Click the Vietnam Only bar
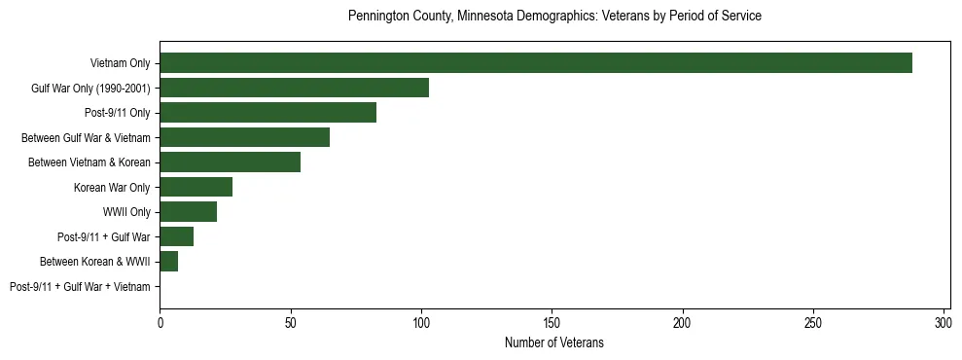pos(536,63)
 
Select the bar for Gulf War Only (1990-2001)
pos(294,88)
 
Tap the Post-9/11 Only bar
pos(267,113)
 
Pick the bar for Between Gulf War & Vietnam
pos(244,137)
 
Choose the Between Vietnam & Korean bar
pos(230,162)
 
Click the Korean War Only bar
pos(196,187)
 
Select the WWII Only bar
pos(188,212)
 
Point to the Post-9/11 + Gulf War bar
pos(176,236)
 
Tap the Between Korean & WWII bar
pos(168,262)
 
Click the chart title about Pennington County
pos(554,17)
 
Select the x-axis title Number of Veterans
pos(554,342)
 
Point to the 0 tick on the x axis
pos(160,321)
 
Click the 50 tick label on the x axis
pos(290,321)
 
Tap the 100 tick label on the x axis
pos(421,321)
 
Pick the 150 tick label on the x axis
pos(552,321)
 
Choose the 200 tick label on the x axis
pos(682,321)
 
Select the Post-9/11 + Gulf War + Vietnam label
pos(80,287)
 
